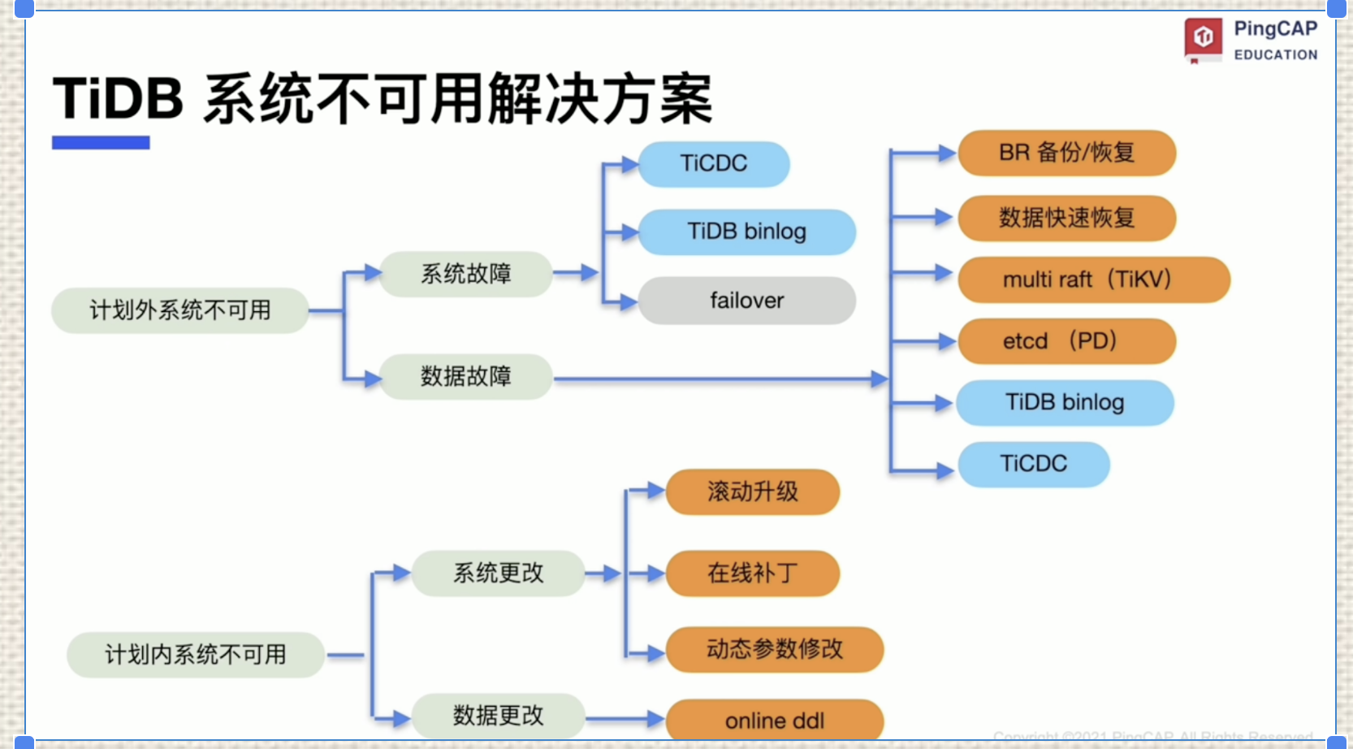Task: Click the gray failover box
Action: point(746,301)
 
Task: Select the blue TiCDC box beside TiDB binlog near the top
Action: point(713,163)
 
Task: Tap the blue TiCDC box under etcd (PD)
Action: point(1033,464)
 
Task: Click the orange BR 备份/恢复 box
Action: point(1066,153)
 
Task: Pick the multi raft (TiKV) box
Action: point(1093,279)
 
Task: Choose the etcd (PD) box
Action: point(1066,341)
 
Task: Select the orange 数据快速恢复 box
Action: point(1066,218)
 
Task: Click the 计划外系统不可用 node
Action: point(179,310)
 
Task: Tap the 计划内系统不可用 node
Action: point(195,655)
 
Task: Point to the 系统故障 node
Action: point(465,274)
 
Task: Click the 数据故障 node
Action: point(465,376)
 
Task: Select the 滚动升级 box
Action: point(752,491)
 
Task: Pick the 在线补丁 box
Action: point(752,574)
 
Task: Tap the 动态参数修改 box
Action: point(774,649)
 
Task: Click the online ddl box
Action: point(774,720)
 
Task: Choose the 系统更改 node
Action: point(498,574)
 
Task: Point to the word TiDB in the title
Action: point(119,99)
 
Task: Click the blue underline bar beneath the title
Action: point(101,143)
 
